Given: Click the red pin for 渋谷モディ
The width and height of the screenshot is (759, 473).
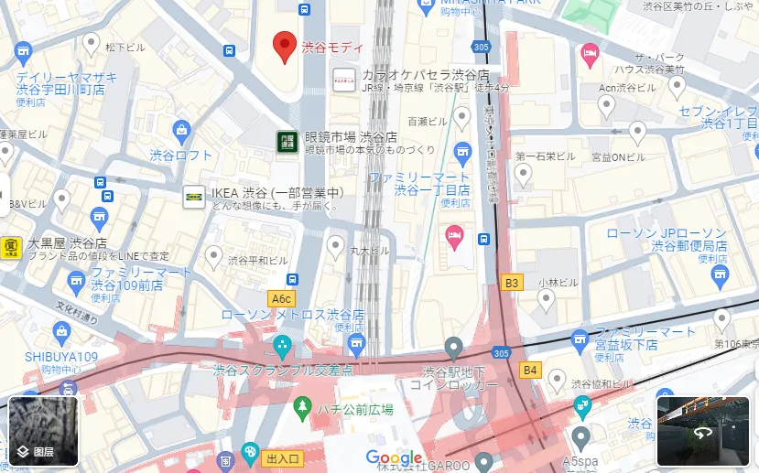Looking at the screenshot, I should click(285, 46).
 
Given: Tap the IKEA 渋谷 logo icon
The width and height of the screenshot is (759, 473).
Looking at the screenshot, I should click(194, 197).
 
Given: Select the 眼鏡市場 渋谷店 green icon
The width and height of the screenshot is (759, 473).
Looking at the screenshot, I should click(287, 141).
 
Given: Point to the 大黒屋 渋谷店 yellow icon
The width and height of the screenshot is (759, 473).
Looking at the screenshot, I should click(11, 247).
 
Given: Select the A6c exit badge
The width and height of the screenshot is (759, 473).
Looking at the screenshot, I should click(281, 298).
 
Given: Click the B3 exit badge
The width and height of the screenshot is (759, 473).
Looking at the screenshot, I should click(511, 283).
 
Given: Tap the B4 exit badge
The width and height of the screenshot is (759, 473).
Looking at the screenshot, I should click(529, 370).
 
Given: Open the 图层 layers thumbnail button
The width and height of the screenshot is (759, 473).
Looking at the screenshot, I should click(43, 432).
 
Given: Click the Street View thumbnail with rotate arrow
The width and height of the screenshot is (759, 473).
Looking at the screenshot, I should click(702, 432).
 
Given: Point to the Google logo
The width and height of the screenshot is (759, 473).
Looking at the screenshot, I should click(395, 457).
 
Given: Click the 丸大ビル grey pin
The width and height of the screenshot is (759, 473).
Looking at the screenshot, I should click(337, 245).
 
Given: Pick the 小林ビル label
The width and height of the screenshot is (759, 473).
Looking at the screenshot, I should click(555, 283).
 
